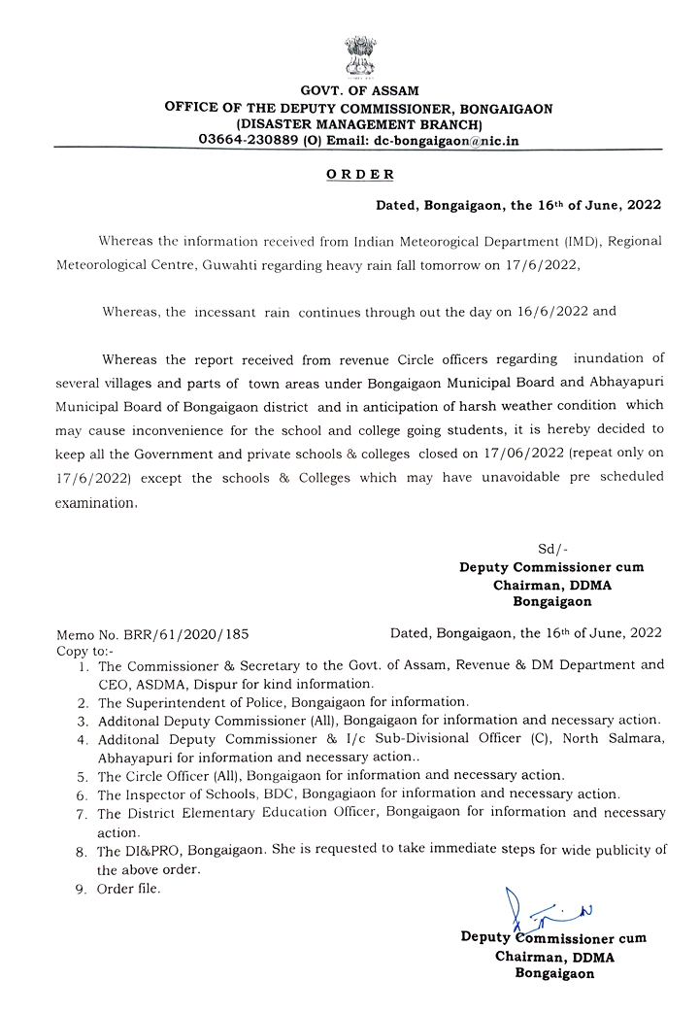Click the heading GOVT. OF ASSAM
(358, 91)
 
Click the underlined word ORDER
(359, 175)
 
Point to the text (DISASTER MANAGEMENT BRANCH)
(358, 124)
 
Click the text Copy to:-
(85, 649)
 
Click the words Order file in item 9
(129, 889)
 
